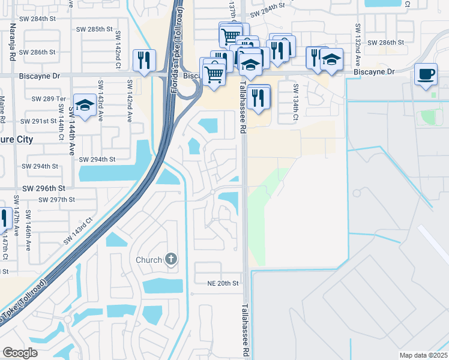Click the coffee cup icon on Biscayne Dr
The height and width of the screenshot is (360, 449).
click(426, 74)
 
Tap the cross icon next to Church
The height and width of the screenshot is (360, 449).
click(171, 260)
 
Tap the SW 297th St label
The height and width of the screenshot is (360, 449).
click(54, 199)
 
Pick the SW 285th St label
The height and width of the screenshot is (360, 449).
click(95, 29)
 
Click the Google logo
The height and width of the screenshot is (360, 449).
click(20, 353)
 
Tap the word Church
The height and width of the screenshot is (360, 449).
click(149, 260)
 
